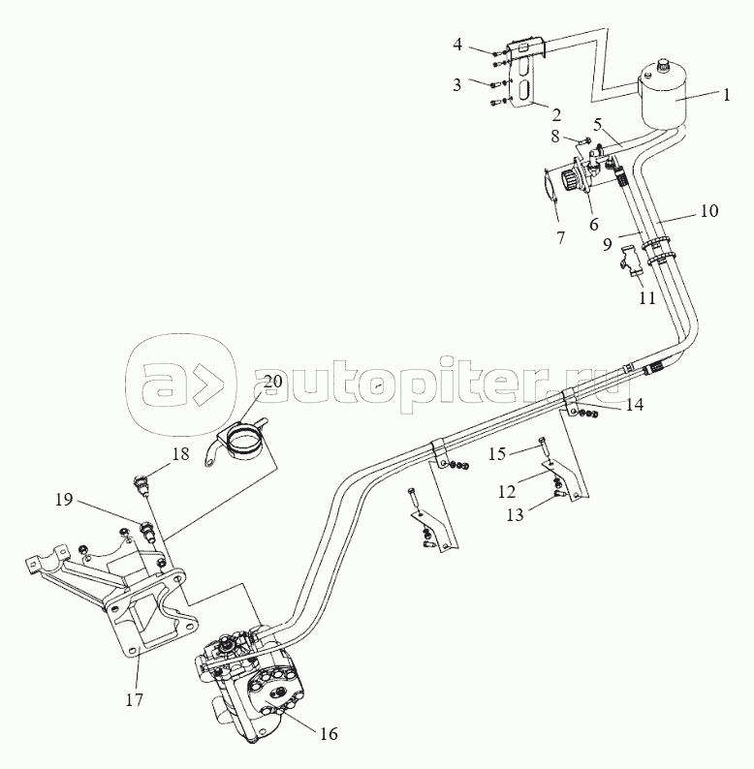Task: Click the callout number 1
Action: click(726, 95)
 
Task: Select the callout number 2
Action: click(556, 114)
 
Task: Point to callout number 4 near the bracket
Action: click(457, 46)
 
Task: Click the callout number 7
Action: click(560, 237)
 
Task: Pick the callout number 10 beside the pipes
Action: click(708, 211)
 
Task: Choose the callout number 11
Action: click(646, 297)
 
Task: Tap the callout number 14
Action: click(634, 405)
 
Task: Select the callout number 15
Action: click(497, 453)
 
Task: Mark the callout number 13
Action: click(515, 515)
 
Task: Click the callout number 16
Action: click(329, 734)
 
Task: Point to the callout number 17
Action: click(134, 699)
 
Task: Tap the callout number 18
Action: click(180, 453)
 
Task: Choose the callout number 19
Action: click(64, 500)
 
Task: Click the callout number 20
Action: click(273, 381)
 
